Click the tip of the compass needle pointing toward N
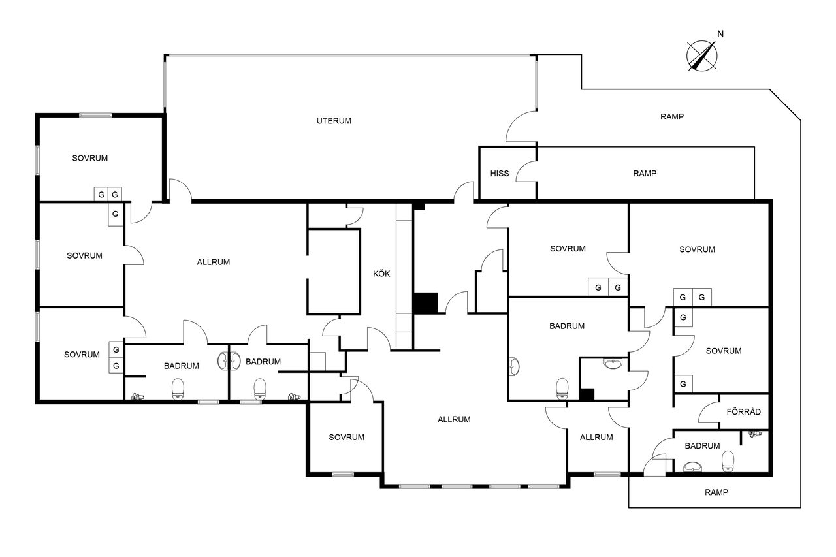tap(715, 42)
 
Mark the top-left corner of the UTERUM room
tap(165, 55)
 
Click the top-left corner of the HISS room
tap(479, 147)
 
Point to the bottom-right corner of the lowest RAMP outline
tap(801, 507)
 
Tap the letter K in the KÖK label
tap(376, 274)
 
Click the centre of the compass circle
tap(701, 56)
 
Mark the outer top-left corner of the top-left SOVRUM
tap(36, 114)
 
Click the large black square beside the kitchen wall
tap(426, 302)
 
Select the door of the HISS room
tap(526, 172)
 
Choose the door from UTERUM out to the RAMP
tap(521, 127)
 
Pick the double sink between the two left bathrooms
tap(229, 360)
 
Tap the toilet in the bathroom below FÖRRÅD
tap(728, 462)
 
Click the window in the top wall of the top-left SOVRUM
tap(95, 116)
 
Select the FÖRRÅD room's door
tap(709, 412)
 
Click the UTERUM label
tap(334, 121)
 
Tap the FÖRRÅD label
tap(743, 411)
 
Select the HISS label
tap(500, 174)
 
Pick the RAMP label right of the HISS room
tap(645, 174)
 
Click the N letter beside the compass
tap(720, 34)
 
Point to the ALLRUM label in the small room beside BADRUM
tap(596, 438)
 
